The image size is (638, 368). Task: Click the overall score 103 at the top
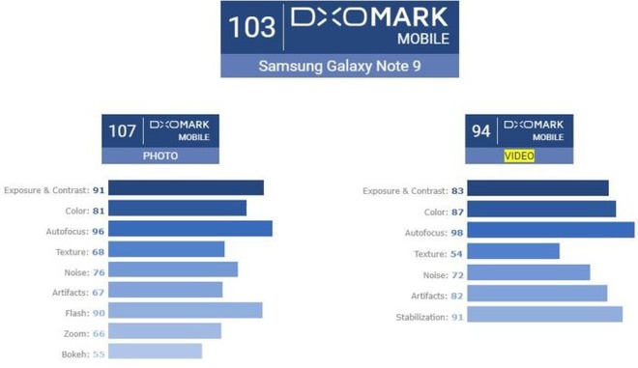pos(252,27)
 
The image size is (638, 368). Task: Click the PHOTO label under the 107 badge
pos(159,156)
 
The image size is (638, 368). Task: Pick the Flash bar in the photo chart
pos(188,310)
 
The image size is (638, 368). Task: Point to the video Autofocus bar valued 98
pos(554,229)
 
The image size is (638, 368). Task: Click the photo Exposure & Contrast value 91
pos(100,189)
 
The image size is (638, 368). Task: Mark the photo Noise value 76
pos(100,271)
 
